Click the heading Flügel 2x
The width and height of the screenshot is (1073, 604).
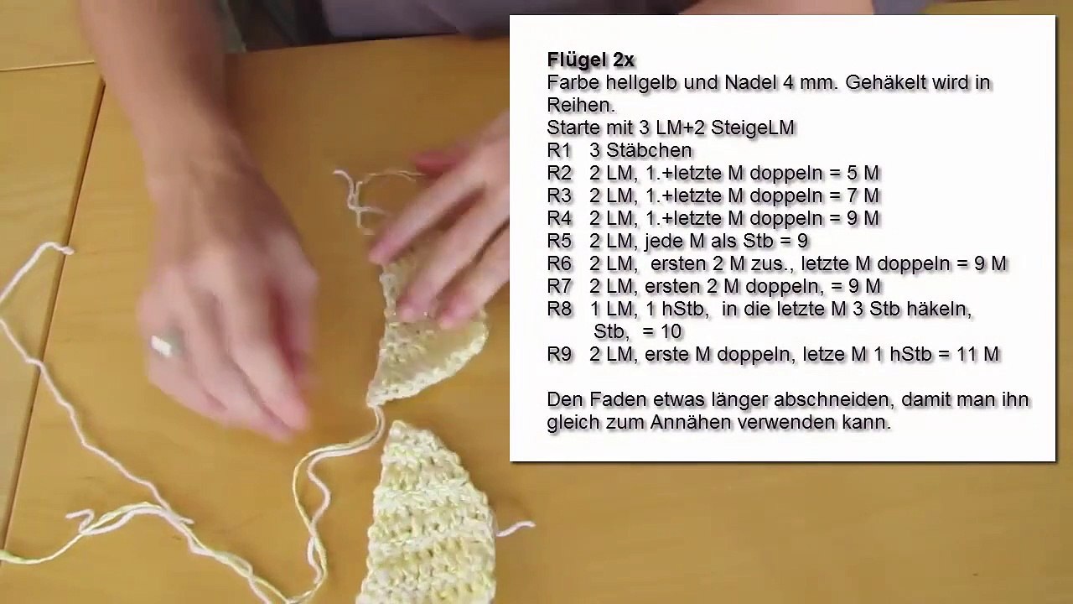point(590,60)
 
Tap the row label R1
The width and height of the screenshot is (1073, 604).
point(559,151)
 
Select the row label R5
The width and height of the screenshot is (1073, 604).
point(559,242)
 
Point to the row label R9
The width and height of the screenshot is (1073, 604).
point(559,355)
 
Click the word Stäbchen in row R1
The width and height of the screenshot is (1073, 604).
point(649,151)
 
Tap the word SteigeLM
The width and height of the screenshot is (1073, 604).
point(752,128)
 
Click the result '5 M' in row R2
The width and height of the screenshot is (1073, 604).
point(860,174)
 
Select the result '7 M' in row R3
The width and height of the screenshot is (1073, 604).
point(860,196)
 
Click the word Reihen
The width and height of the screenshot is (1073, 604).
point(579,106)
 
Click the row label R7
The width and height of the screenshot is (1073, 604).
point(559,287)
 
